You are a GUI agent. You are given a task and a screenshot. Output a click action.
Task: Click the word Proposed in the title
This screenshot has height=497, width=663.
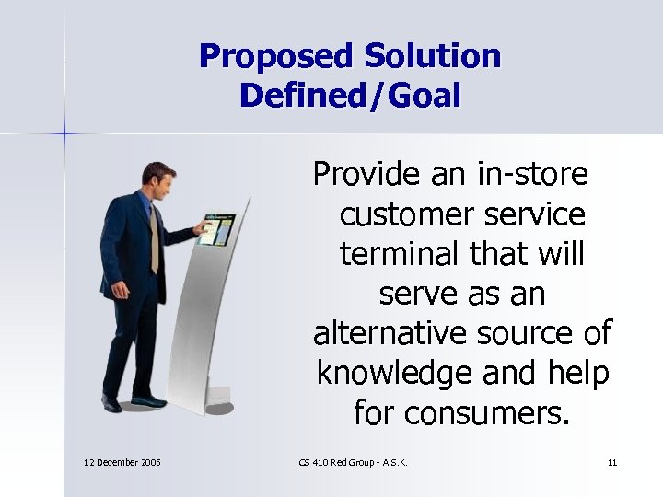(x=275, y=57)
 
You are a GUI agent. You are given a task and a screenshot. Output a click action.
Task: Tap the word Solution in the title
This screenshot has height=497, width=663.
(x=432, y=57)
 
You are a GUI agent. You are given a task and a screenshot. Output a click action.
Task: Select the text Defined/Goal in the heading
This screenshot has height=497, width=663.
(x=350, y=95)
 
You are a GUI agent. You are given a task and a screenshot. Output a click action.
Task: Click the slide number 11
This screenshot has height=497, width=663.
(x=612, y=462)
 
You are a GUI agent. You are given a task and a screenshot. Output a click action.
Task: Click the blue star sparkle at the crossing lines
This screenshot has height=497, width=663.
(x=64, y=134)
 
